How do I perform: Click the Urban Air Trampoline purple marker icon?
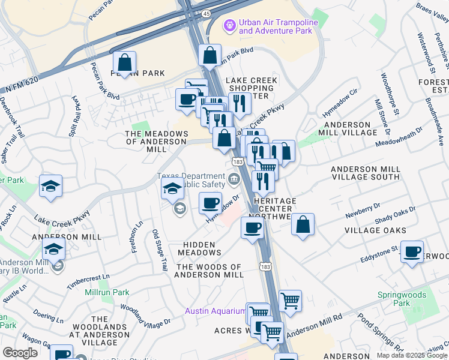coord(229,26)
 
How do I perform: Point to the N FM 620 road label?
coord(22,85)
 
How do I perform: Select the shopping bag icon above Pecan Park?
coord(124,62)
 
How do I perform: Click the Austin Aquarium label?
coord(215,311)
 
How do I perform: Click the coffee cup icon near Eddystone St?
coord(412,252)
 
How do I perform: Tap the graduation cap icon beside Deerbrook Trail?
coord(51,186)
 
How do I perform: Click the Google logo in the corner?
coord(20,353)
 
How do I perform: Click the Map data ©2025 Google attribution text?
coord(411,355)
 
